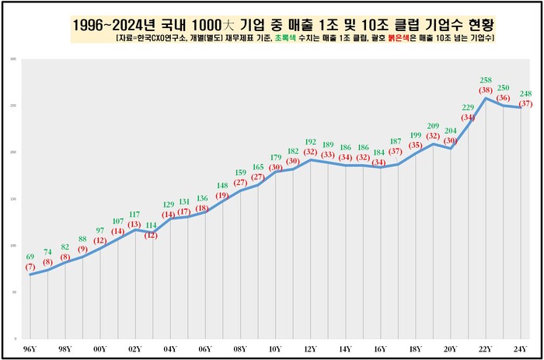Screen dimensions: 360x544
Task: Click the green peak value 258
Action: point(486,79)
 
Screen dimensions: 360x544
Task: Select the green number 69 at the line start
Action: point(30,257)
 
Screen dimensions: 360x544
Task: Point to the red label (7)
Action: point(30,267)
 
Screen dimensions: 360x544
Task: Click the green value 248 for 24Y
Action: point(525,93)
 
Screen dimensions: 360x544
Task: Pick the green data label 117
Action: point(134,214)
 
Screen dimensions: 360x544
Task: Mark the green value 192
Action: point(311,143)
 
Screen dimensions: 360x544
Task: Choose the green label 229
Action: point(468,107)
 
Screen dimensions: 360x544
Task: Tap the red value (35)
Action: point(415,145)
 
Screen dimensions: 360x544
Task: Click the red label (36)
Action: point(504,98)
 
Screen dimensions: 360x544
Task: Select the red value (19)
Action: point(222,195)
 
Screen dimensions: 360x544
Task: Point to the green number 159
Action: point(240,173)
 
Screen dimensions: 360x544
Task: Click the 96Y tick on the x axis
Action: point(30,350)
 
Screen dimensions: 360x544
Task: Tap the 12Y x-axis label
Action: point(310,350)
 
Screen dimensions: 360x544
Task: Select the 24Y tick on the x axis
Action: point(521,350)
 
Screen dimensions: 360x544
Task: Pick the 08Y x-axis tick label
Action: point(240,350)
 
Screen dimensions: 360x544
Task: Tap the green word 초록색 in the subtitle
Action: point(284,37)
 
